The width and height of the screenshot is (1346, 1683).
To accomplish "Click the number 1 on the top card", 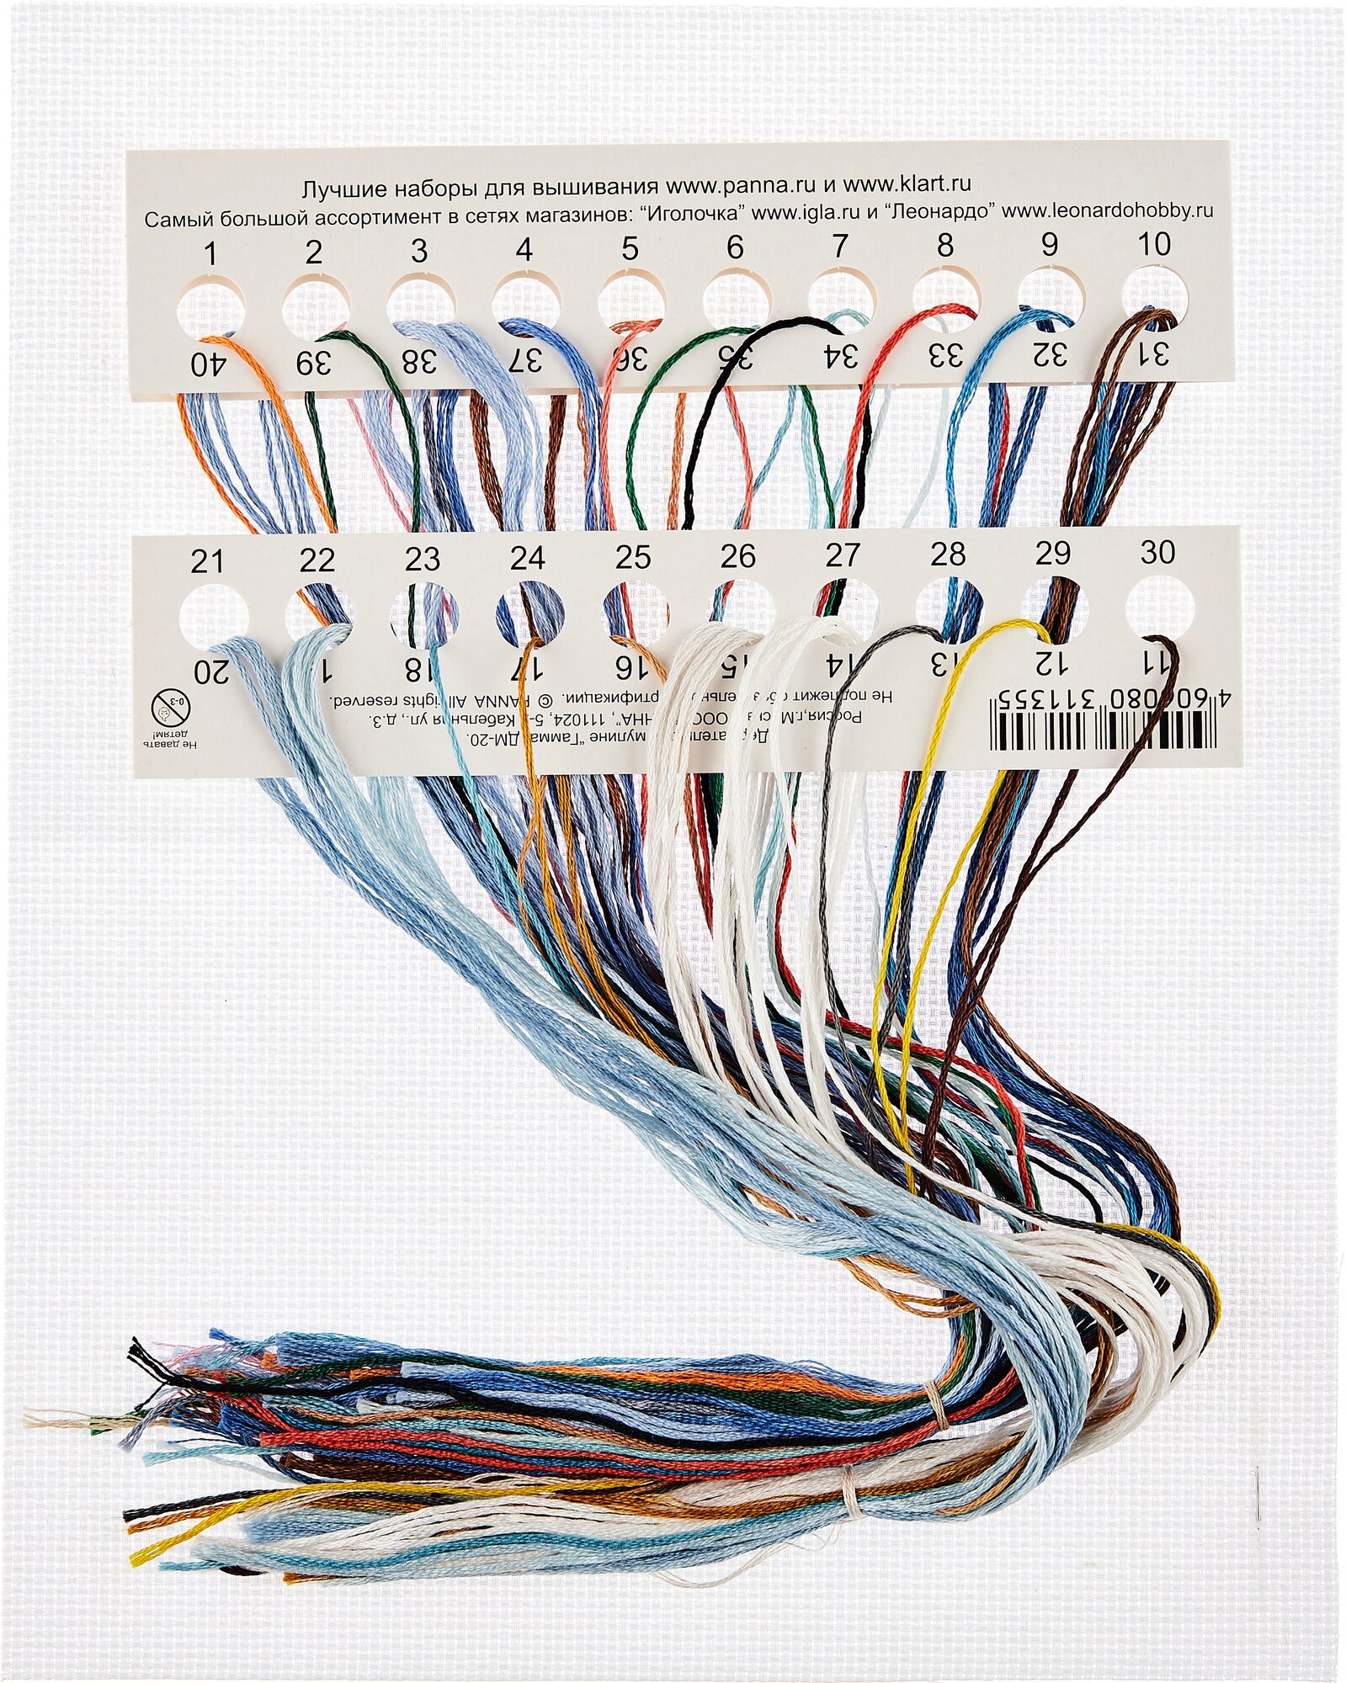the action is [x=210, y=253].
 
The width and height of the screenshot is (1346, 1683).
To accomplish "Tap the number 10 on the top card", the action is [x=1153, y=244].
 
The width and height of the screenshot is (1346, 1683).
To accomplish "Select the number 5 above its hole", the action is [x=630, y=249].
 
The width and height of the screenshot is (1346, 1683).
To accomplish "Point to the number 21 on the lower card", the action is [x=207, y=562].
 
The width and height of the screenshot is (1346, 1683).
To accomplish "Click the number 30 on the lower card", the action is [x=1157, y=553].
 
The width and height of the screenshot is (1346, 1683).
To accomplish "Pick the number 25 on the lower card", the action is [x=632, y=557].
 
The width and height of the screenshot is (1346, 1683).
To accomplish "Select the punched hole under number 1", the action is [x=210, y=305].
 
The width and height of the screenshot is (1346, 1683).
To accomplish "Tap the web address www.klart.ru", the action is [x=908, y=183].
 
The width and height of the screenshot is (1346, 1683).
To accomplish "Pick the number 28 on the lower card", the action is [x=948, y=555].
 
